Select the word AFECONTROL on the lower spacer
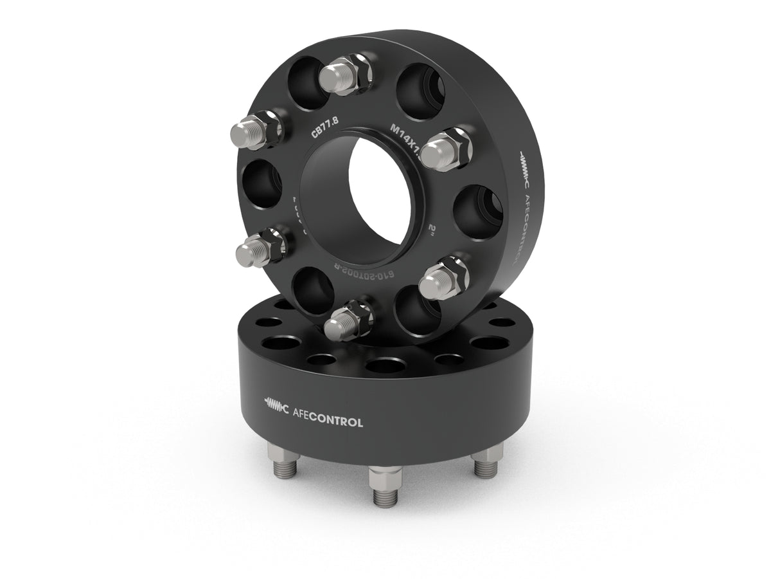327,423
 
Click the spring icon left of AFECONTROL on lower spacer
277,405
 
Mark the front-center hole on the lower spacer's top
384,365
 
